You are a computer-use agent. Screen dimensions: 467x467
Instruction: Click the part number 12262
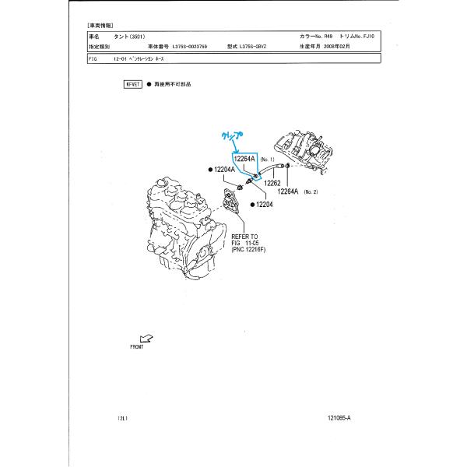(x=272, y=184)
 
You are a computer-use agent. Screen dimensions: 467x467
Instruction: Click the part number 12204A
(x=224, y=169)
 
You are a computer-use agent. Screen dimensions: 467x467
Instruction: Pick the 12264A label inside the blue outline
(x=247, y=159)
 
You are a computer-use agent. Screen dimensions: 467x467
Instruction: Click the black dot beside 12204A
(x=210, y=169)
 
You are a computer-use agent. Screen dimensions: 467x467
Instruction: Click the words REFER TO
(x=244, y=236)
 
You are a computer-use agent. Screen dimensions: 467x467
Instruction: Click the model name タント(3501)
(x=129, y=37)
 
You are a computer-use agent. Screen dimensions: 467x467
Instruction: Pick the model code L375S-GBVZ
(x=261, y=47)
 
